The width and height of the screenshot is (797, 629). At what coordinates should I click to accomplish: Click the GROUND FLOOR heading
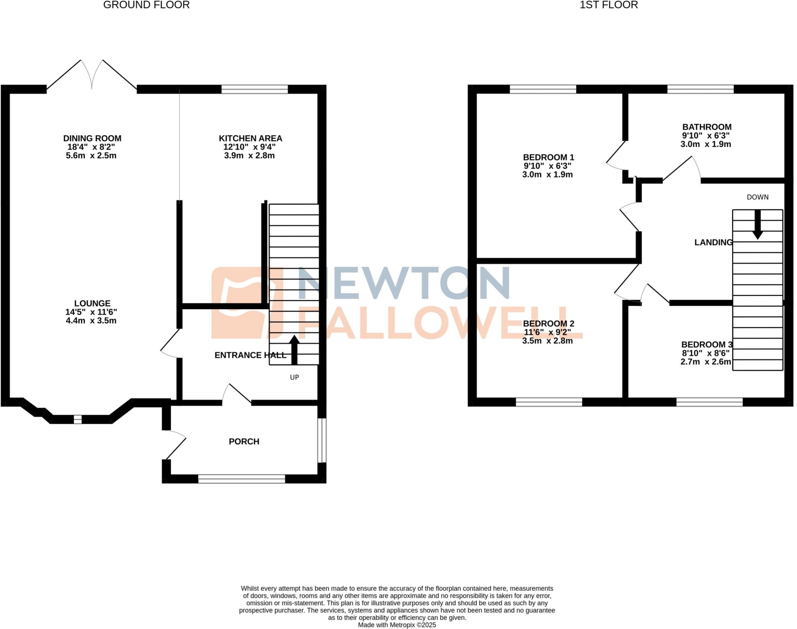(x=146, y=5)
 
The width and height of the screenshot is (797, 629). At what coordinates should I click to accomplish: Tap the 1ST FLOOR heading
(x=609, y=5)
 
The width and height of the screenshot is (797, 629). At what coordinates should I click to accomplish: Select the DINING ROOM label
(x=92, y=138)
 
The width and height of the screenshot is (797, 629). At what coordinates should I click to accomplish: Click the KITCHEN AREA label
(x=250, y=138)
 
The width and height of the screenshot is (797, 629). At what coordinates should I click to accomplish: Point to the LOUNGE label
(x=92, y=303)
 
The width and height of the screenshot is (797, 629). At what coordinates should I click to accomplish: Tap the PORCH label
(x=244, y=441)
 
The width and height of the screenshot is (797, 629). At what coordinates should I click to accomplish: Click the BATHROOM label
(x=707, y=127)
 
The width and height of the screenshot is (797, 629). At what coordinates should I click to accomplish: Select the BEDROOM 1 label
(x=548, y=157)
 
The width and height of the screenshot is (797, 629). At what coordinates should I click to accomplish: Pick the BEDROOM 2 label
(x=548, y=324)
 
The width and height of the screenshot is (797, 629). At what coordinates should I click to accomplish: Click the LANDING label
(x=713, y=242)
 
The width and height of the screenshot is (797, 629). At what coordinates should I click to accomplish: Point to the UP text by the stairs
(x=294, y=377)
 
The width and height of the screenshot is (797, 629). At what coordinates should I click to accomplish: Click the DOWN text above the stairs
(x=757, y=197)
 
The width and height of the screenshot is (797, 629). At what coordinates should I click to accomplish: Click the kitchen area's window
(x=255, y=89)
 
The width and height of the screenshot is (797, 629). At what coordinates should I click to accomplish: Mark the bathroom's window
(x=700, y=89)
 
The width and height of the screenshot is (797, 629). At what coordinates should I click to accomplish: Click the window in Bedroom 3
(x=709, y=402)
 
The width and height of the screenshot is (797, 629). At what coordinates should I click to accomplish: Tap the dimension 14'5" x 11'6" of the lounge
(x=91, y=312)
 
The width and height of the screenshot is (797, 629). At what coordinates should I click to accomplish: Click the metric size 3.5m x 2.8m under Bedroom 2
(x=547, y=341)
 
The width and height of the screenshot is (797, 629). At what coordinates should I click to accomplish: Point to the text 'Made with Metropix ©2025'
(x=397, y=625)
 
